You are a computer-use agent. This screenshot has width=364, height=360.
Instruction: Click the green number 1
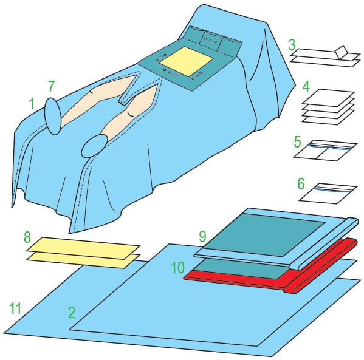pos(32,104)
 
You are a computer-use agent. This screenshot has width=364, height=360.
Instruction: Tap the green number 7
pos(51,86)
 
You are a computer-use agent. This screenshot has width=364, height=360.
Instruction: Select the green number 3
pos(292,44)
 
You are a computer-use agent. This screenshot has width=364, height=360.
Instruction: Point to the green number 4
pos(306,87)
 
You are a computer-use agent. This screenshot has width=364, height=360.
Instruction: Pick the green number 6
pos(301,183)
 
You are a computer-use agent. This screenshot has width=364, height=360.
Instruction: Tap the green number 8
pos(27,237)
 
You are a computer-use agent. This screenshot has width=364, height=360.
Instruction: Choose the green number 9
pos(202,236)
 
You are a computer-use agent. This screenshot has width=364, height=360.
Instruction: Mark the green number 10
pos(178,268)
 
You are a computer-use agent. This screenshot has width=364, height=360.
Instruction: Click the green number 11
pos(15,308)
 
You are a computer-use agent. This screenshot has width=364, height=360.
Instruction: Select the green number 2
pos(72,312)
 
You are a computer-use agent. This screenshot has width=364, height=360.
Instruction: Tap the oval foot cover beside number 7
pos(53,116)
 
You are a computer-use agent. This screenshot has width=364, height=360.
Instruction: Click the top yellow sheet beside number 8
pos(84,248)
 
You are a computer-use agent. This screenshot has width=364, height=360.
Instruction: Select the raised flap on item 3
pos(342,52)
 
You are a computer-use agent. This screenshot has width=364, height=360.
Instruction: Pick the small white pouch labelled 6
pos(328,193)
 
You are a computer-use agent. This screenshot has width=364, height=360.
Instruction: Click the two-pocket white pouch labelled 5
pos(325,151)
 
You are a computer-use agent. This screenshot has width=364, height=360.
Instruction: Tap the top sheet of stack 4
pos(328,98)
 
